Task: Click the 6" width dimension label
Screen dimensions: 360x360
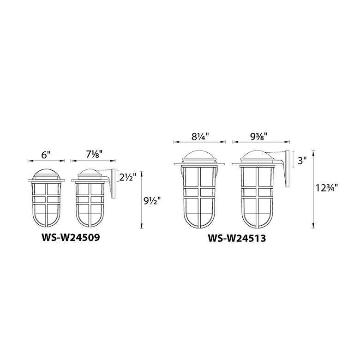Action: click(x=46, y=155)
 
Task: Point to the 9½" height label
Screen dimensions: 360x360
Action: click(x=152, y=202)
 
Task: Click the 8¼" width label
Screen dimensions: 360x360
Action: click(x=200, y=137)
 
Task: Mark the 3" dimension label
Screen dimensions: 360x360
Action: click(x=302, y=161)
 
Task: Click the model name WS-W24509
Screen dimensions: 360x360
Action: click(x=71, y=237)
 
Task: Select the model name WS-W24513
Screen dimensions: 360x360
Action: click(x=237, y=238)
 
